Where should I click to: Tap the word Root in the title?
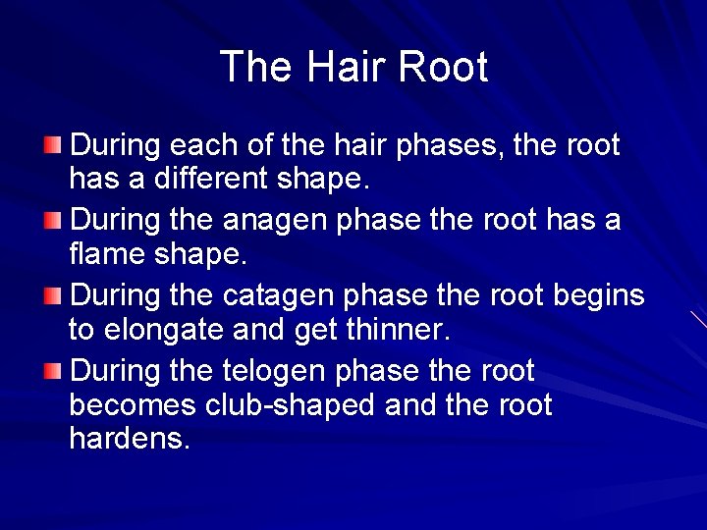[x=443, y=67]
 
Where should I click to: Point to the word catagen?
[x=276, y=295]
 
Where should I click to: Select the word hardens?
[x=129, y=438]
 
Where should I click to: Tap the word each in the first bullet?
[x=201, y=146]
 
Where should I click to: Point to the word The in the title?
[x=256, y=67]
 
